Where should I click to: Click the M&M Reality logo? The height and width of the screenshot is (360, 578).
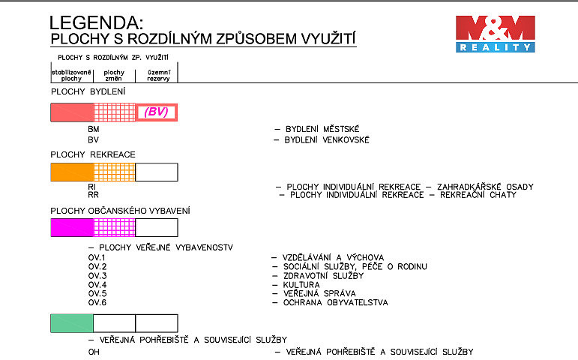495,34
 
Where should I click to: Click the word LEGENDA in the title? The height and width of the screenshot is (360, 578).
96,22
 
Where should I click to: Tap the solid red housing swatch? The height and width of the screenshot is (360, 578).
72,112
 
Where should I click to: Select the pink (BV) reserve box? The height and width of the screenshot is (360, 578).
157,112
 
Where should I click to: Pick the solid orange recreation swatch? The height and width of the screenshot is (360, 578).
72,172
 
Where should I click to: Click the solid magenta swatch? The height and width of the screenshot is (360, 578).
72,227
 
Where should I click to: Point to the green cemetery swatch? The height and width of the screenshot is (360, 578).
72,323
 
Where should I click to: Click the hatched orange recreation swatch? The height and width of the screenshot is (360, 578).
115,172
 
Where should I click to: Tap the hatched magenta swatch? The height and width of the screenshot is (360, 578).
115,227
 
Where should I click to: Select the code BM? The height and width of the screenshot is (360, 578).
94,129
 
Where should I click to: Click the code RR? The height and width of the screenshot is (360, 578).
93,195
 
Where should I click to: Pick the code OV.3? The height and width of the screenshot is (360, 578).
97,276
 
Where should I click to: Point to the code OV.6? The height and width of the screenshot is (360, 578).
97,303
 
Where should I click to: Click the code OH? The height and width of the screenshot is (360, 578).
94,352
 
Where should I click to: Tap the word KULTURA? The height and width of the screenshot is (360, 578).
301,285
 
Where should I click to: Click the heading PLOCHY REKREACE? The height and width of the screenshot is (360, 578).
93,154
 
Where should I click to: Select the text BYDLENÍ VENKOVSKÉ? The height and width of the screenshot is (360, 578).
327,139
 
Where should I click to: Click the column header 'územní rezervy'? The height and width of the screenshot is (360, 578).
158,75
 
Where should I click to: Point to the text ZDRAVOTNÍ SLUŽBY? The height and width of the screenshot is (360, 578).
323,276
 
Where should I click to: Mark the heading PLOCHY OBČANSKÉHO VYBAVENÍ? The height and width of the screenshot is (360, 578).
120,211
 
